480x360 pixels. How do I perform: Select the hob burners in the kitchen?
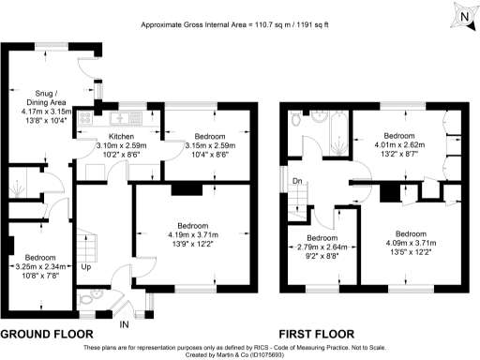click(89, 118)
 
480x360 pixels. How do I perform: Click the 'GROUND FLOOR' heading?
click(47, 334)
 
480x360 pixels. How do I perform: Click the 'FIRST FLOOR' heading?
click(315, 334)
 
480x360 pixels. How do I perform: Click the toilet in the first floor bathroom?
click(295, 120)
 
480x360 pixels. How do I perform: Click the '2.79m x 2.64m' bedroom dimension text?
click(322, 247)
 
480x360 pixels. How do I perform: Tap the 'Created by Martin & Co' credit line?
click(240, 354)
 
